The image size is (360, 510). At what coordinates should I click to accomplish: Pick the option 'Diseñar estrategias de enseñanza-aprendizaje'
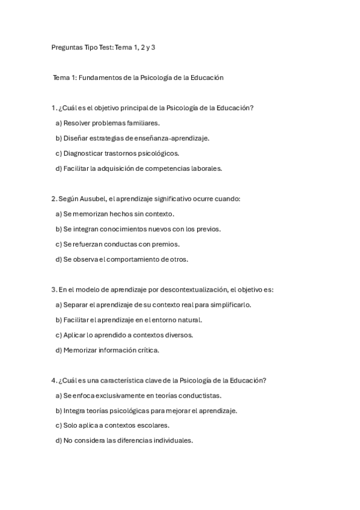[x=136, y=138]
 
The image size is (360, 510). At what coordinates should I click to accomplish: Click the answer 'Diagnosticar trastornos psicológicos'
[x=121, y=153]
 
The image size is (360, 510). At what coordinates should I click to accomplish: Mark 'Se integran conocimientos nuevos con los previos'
[x=141, y=229]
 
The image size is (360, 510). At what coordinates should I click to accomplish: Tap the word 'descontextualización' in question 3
[x=194, y=289]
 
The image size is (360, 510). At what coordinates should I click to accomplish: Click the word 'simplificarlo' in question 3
[x=231, y=304]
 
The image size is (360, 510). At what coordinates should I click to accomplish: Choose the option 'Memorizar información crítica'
[x=111, y=350]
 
